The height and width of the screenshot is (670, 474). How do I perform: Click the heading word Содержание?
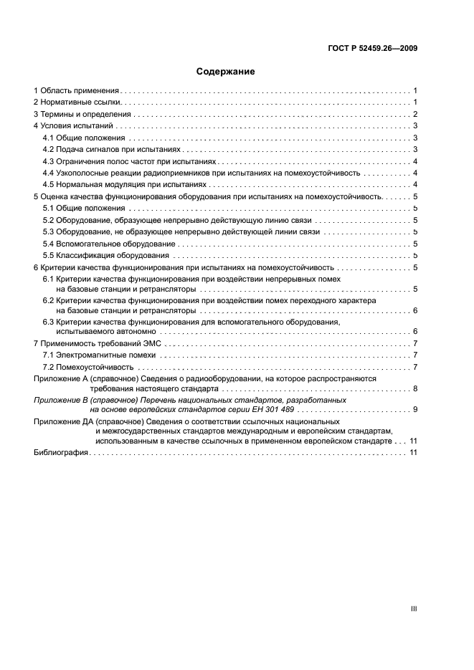pos(226,72)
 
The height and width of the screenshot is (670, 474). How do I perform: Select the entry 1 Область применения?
pos(76,91)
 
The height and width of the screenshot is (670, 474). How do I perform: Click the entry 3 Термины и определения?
pos(82,114)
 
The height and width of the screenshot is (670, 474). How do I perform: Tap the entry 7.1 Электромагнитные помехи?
pos(100,355)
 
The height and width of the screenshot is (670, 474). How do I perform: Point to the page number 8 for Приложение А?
pos(415,388)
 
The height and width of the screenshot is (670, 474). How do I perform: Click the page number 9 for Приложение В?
pos(415,408)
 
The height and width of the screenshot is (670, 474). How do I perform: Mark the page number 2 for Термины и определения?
pos(415,114)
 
